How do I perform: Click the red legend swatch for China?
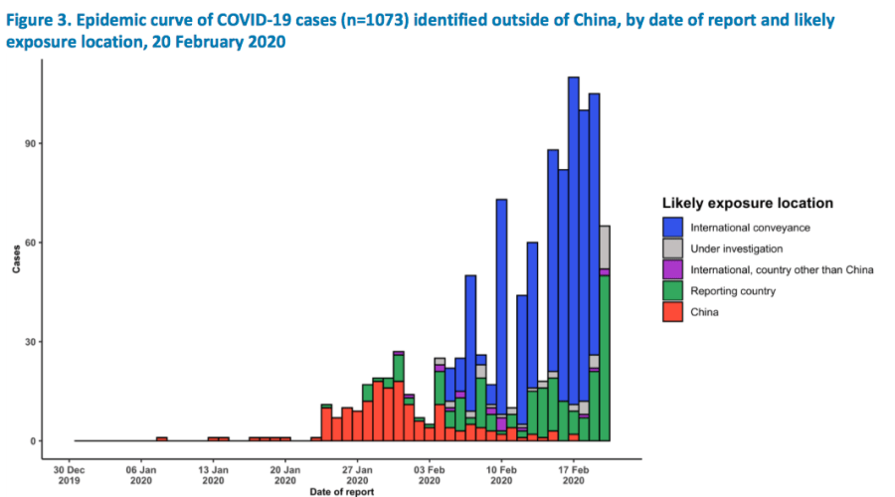673,311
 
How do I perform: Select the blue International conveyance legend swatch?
673,228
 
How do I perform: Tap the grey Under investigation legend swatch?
673,248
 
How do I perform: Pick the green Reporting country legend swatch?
673,290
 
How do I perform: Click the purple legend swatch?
673,269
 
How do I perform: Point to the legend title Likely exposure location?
747,203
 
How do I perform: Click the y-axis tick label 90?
31,143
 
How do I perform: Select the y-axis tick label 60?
31,243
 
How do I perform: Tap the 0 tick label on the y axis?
34,441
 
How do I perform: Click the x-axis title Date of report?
342,491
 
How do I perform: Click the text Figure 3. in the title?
39,20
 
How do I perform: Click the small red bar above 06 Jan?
162,439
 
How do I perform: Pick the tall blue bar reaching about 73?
502,298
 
